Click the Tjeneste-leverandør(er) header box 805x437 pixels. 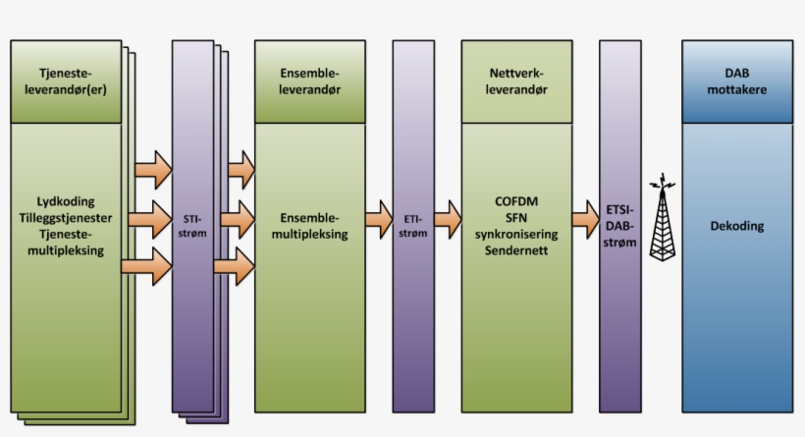tap(66, 82)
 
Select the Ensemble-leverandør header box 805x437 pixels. tap(309, 82)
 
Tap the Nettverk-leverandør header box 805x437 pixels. tap(516, 82)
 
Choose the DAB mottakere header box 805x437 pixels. tap(737, 82)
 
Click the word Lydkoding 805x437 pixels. tap(66, 199)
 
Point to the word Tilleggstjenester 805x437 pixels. tap(66, 216)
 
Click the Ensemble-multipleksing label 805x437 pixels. tap(309, 226)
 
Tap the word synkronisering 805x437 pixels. tap(517, 234)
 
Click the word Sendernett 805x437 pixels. tap(517, 250)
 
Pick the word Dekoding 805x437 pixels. tap(737, 226)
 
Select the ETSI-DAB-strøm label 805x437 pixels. tap(619, 225)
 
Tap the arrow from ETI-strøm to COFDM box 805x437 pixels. tap(448, 219)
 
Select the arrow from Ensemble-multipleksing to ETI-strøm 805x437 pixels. tap(378, 219)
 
